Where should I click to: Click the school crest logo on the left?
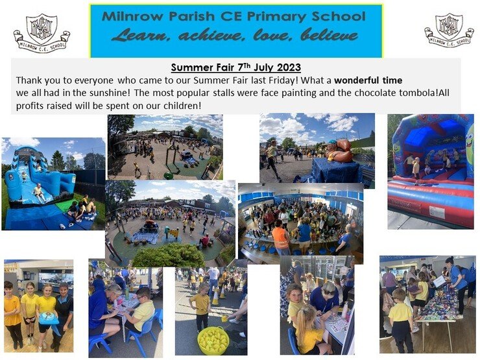(42, 32)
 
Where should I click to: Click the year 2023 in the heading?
(289, 67)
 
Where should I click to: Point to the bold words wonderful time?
(368, 80)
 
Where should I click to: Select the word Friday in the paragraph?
(283, 80)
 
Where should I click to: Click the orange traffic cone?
(216, 296)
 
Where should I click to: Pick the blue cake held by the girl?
(49, 318)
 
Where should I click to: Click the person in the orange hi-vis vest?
(281, 237)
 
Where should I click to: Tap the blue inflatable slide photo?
(53, 184)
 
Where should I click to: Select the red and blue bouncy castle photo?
(431, 171)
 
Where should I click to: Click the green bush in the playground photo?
(169, 256)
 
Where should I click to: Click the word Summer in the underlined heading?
(187, 67)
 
